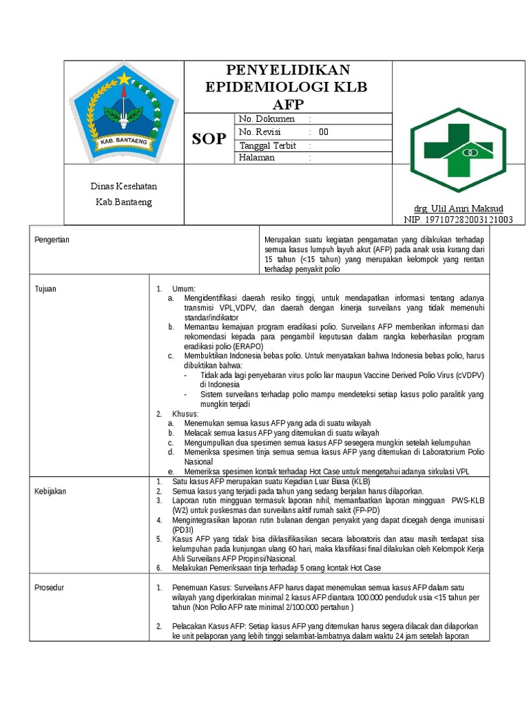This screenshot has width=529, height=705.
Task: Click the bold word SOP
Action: coord(208,138)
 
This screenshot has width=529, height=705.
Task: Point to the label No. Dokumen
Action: coord(266,119)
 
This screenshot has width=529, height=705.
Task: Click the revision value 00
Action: coord(323,132)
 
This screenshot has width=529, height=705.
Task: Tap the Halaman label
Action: coord(256,158)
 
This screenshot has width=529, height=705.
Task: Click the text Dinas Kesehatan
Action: coord(124,187)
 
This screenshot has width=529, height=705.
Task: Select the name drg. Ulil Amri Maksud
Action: coord(458,209)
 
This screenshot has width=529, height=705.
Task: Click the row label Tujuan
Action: coord(45,288)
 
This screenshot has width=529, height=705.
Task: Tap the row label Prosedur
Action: coord(49,587)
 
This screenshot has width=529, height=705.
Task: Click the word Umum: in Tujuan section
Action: coord(184,288)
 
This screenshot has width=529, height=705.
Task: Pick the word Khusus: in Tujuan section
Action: coord(185,414)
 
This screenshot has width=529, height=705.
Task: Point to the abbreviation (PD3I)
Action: coord(183,530)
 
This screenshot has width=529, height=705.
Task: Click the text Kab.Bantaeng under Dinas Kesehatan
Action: coord(124,202)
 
